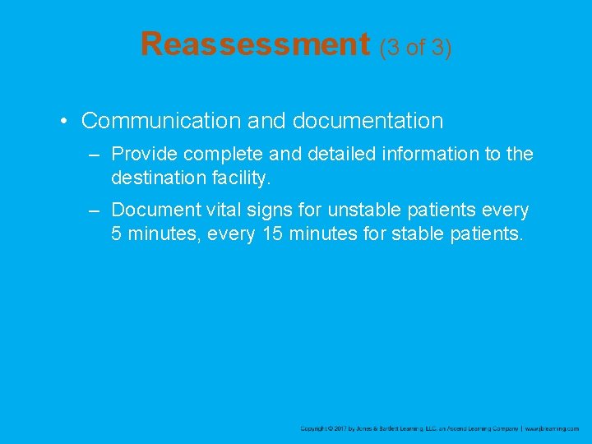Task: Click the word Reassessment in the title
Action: pyautogui.click(x=256, y=44)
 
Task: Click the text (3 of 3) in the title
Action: pyautogui.click(x=415, y=47)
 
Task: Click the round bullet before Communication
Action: pyautogui.click(x=63, y=122)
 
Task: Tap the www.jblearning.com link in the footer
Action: pyautogui.click(x=553, y=428)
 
